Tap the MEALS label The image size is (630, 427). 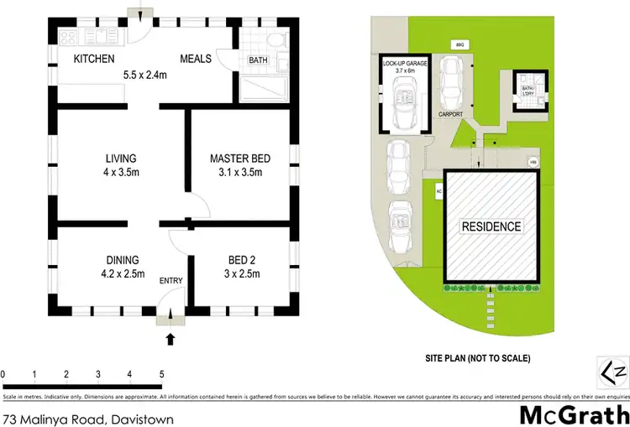click(x=197, y=59)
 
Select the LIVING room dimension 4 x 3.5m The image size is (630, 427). click(x=121, y=173)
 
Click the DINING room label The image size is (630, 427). click(x=122, y=259)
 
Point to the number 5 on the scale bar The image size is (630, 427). click(x=160, y=374)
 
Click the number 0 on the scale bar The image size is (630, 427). click(x=3, y=374)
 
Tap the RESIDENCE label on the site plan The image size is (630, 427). click(x=491, y=227)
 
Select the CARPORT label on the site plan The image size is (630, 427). click(x=450, y=114)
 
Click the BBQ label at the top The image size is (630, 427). click(x=459, y=43)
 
